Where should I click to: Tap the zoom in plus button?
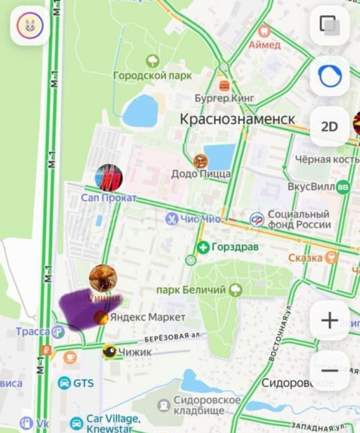pos(330,320)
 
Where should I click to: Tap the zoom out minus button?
pos(330,370)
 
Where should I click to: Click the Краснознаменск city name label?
pos(237,119)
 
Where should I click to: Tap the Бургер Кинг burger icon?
pos(224,85)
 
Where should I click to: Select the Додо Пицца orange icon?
pos(201,161)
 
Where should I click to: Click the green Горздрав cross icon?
pos(204,248)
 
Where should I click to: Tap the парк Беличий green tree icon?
pos(235,290)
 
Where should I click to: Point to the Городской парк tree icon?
pos(153,61)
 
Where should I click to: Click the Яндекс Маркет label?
pos(147,317)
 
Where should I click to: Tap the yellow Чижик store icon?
pos(111,352)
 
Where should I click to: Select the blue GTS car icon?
pos(65,383)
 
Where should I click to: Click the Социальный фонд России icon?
pos(257,220)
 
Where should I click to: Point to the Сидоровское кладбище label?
pos(207,405)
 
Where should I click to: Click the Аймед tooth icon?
pos(264,30)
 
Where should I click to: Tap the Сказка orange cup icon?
pos(332,258)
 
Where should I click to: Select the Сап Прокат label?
pos(109,198)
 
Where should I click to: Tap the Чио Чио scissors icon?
pos(171,219)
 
